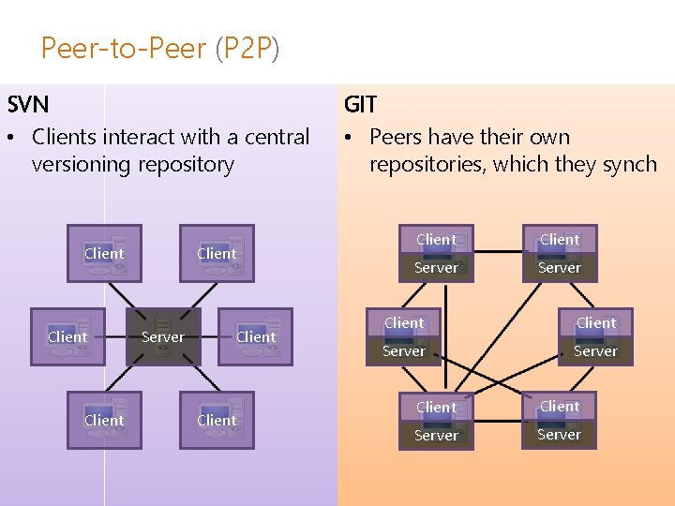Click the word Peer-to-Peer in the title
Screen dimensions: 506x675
click(124, 48)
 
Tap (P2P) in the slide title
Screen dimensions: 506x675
click(247, 48)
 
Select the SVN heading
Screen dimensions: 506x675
click(28, 103)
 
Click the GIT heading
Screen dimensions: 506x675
click(360, 103)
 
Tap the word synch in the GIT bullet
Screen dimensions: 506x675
click(630, 165)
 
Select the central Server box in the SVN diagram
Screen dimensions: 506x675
click(162, 336)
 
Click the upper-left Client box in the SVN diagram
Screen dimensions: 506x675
click(104, 253)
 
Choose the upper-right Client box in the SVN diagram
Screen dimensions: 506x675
click(217, 253)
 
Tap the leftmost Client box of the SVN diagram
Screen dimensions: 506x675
click(67, 336)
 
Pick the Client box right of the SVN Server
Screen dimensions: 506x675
click(256, 336)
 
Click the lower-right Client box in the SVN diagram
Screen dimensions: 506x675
click(217, 420)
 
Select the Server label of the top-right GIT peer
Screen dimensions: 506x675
click(560, 268)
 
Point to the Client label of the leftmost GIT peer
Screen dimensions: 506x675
click(404, 322)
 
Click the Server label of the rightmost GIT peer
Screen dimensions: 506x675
click(595, 351)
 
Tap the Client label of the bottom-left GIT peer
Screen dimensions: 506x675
click(436, 407)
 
